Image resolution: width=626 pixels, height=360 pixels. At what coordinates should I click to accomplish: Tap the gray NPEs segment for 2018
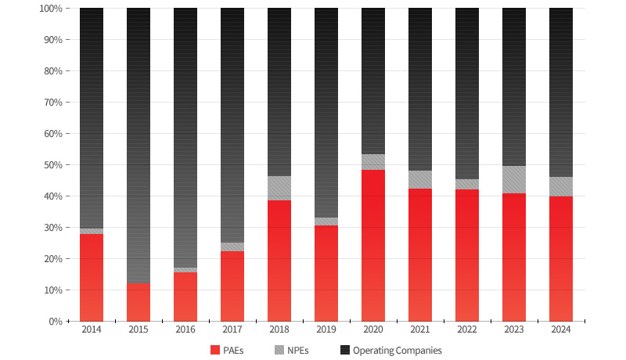click(279, 188)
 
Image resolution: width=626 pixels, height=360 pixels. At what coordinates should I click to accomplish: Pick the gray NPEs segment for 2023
click(514, 179)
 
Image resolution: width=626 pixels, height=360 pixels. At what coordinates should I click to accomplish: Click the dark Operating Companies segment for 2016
click(185, 138)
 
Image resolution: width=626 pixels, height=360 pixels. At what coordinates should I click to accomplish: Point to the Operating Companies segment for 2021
click(420, 89)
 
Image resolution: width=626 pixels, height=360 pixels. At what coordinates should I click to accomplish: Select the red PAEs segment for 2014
click(92, 277)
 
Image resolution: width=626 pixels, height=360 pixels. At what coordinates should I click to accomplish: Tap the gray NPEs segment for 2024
click(561, 186)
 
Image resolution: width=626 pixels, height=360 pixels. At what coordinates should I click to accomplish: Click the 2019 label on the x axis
click(326, 331)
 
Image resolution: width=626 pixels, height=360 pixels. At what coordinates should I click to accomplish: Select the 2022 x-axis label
click(467, 331)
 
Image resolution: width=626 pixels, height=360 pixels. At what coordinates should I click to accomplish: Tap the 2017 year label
click(232, 331)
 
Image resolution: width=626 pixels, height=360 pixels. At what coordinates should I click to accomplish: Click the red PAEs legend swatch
click(215, 351)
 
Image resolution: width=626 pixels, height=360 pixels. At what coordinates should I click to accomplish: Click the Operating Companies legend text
click(398, 351)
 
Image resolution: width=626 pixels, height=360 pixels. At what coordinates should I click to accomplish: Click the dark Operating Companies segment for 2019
click(326, 113)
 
